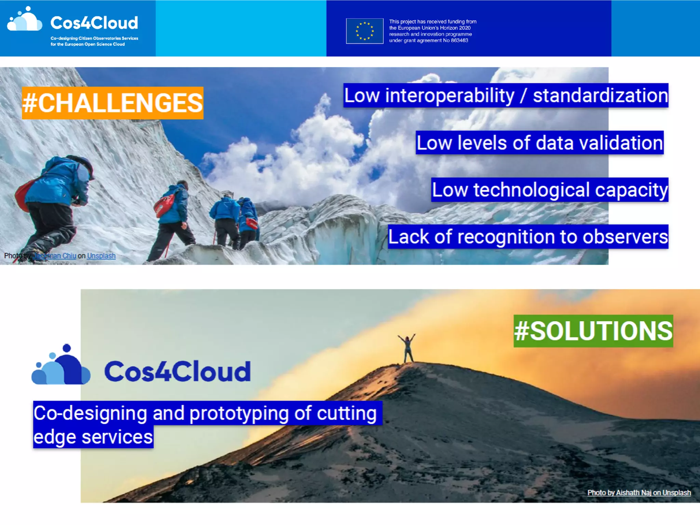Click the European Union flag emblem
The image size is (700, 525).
[364, 31]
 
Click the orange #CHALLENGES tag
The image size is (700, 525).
[112, 103]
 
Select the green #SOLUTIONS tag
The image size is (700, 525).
[593, 331]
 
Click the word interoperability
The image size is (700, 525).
[449, 96]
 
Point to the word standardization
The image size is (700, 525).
[600, 96]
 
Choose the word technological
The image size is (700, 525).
[531, 190]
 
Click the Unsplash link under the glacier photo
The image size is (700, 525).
[101, 256]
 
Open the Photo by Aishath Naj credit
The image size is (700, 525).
[639, 493]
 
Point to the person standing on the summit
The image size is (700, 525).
[407, 348]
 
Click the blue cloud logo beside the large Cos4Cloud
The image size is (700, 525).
[62, 366]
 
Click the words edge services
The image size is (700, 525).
[93, 437]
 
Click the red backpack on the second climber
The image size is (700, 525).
[164, 205]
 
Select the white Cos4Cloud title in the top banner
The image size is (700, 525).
[94, 23]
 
